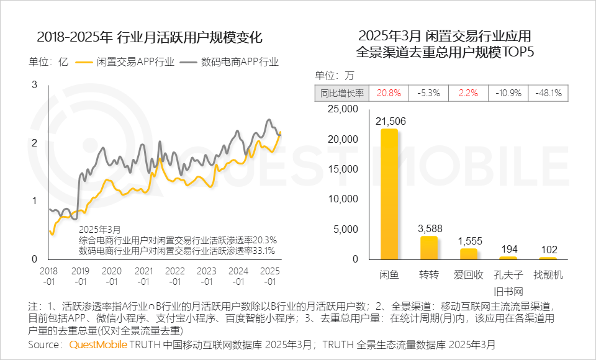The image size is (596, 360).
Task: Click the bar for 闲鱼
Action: point(389,194)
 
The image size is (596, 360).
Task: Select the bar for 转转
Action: point(429,248)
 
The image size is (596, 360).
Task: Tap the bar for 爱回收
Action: point(469,253)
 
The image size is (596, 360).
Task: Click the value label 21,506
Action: point(391,121)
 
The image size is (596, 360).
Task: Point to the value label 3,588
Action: point(430,228)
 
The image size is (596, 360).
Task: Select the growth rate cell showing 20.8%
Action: point(389,93)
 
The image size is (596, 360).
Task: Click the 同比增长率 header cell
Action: point(342,93)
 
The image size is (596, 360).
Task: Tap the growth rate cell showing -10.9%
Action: point(508,93)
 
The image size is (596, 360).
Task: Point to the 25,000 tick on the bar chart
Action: point(342,109)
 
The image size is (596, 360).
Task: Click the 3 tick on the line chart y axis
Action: point(35,85)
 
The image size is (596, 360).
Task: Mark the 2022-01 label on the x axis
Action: point(175,277)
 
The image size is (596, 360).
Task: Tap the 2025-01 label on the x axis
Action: point(271,277)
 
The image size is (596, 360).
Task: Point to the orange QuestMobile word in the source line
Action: point(99,344)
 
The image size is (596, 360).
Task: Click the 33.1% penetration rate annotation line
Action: point(178,251)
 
